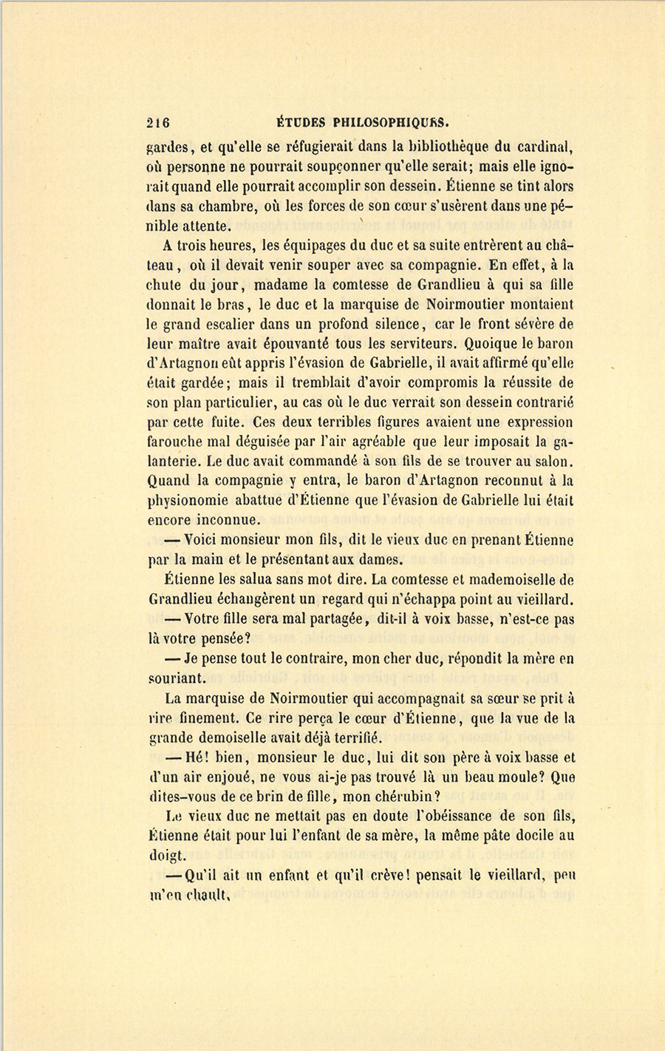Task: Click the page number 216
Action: pyautogui.click(x=158, y=123)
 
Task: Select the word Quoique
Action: pyautogui.click(x=485, y=344)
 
